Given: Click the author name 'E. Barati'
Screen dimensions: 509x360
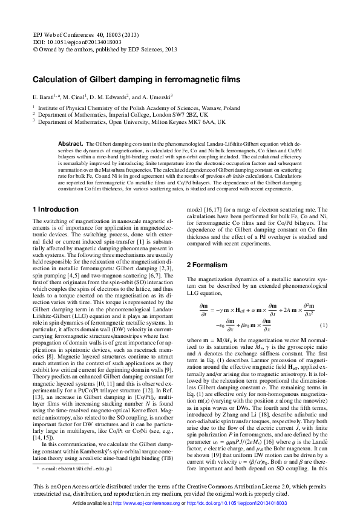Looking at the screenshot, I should (x=44, y=97).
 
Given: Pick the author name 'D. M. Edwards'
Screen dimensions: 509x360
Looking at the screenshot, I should (x=110, y=97).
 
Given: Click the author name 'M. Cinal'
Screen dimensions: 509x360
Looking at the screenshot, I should (x=74, y=97).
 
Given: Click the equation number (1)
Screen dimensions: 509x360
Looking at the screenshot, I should (x=324, y=342).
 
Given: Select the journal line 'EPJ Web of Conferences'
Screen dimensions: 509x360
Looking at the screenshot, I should (x=80, y=36).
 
